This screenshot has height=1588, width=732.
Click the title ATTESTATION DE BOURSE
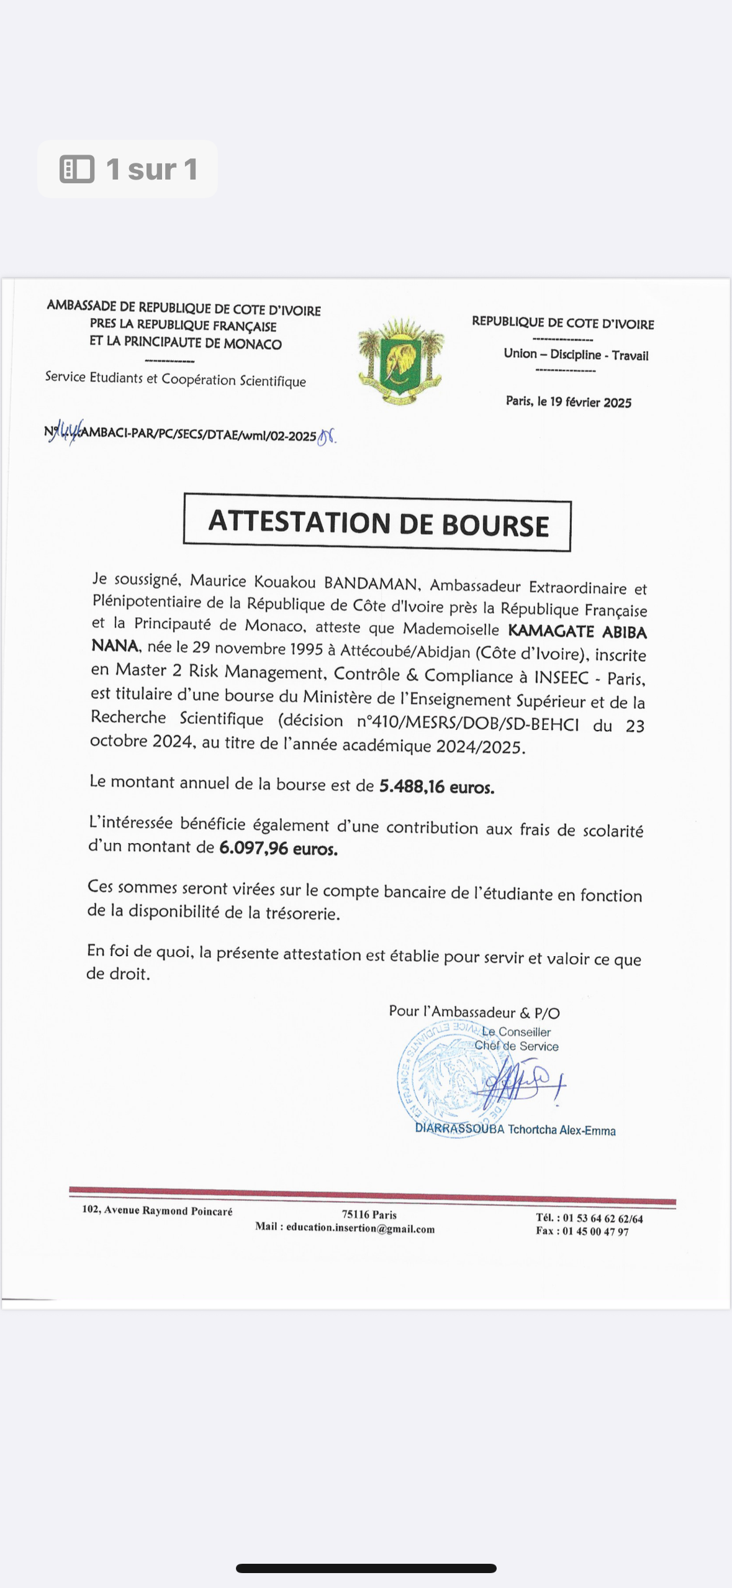(377, 523)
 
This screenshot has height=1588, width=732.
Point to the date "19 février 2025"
(590, 403)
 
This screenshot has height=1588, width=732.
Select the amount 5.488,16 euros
(436, 787)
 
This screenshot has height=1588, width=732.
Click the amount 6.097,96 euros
(278, 848)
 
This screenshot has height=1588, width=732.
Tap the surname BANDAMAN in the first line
(371, 583)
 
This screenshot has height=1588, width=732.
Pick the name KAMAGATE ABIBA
(577, 631)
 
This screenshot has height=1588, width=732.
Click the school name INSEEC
(561, 677)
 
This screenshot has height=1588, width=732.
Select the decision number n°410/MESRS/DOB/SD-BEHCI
(468, 723)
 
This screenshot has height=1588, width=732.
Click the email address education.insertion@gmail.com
(360, 1229)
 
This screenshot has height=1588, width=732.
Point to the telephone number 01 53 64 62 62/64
(602, 1218)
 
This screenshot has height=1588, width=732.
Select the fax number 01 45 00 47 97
(595, 1231)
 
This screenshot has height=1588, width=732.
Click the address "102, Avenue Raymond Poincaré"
(157, 1210)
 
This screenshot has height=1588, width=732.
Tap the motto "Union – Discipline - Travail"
(576, 355)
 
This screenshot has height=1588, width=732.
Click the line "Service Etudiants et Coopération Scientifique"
(175, 379)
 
